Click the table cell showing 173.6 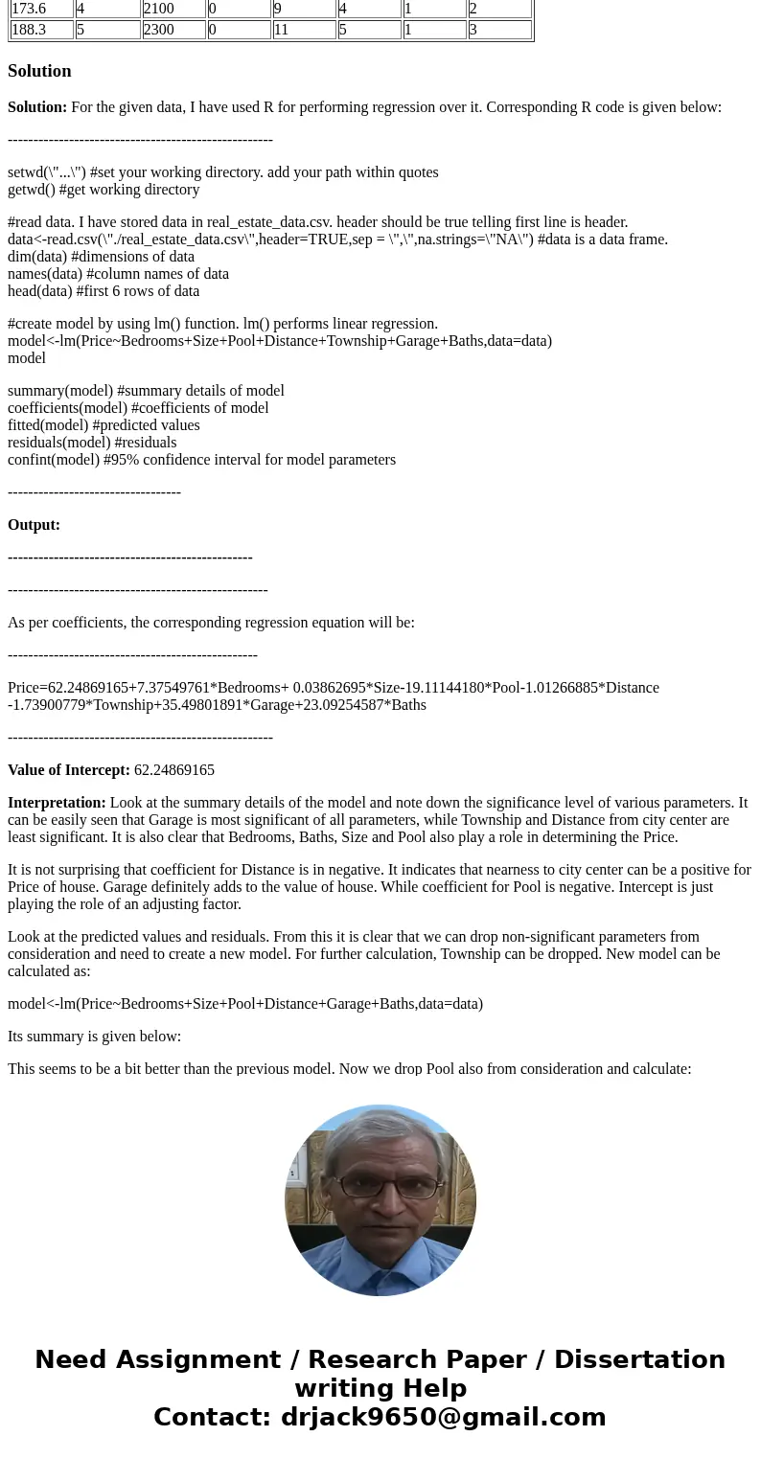[x=41, y=9]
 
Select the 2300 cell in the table [x=173, y=30]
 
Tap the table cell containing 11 [x=304, y=30]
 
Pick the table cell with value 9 [x=304, y=9]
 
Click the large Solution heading [x=39, y=71]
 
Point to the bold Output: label [x=34, y=525]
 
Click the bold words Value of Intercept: [x=69, y=770]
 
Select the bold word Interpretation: [x=57, y=803]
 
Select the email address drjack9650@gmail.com [x=443, y=1417]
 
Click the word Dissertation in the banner [x=639, y=1359]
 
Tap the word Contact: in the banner [x=212, y=1417]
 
